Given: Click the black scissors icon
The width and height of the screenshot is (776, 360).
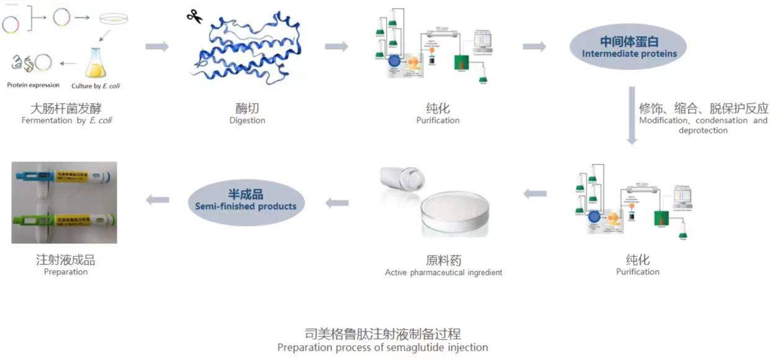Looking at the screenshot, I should pyautogui.click(x=194, y=17).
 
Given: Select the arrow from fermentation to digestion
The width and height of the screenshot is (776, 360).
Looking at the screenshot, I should pyautogui.click(x=156, y=47).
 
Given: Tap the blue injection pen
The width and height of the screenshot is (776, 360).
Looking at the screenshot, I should pyautogui.click(x=65, y=178).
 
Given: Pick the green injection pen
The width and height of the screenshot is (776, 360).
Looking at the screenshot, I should pyautogui.click(x=65, y=218).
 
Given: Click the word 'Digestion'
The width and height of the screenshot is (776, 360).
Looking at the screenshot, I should pyautogui.click(x=247, y=120).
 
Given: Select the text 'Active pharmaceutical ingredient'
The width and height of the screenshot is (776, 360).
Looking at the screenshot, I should pyautogui.click(x=443, y=272).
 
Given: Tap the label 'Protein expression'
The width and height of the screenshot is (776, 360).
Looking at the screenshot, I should pyautogui.click(x=34, y=85).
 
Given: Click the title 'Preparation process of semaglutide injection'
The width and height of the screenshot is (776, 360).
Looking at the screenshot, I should pyautogui.click(x=382, y=348).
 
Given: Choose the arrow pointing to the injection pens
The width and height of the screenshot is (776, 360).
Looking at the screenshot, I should pyautogui.click(x=157, y=199).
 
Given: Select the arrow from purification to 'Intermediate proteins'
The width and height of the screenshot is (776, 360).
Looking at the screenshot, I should pyautogui.click(x=534, y=47).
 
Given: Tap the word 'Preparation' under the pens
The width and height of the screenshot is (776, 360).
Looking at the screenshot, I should pyautogui.click(x=66, y=272).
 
